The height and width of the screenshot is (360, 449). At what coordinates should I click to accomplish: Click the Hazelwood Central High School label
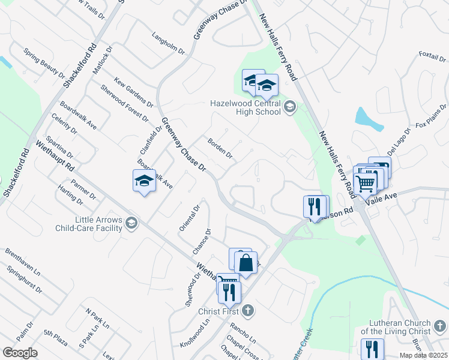(x=245, y=107)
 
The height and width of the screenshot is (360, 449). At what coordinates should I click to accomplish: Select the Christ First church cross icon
(x=249, y=311)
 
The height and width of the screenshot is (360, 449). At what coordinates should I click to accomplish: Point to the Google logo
(x=20, y=352)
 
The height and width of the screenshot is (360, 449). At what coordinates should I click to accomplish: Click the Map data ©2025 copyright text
(x=423, y=355)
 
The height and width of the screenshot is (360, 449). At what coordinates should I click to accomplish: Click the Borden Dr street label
(x=220, y=148)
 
